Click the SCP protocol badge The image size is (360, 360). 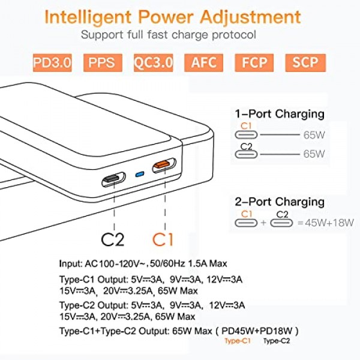coord(308,62)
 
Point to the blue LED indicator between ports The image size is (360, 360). coord(140,174)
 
